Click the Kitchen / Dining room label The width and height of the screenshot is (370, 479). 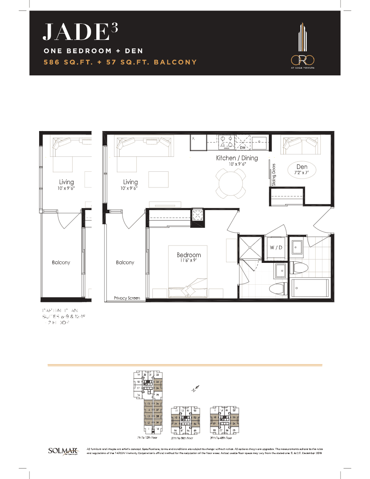237,158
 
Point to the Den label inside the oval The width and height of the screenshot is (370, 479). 302,167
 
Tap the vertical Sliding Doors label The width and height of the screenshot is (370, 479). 274,175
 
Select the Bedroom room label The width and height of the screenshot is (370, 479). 189,255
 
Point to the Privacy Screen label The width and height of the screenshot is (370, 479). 127,298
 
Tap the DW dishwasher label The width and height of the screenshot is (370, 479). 242,148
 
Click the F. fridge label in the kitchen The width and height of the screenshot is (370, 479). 193,139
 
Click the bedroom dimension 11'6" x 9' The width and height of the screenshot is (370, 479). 189,261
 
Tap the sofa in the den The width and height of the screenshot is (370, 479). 300,144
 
